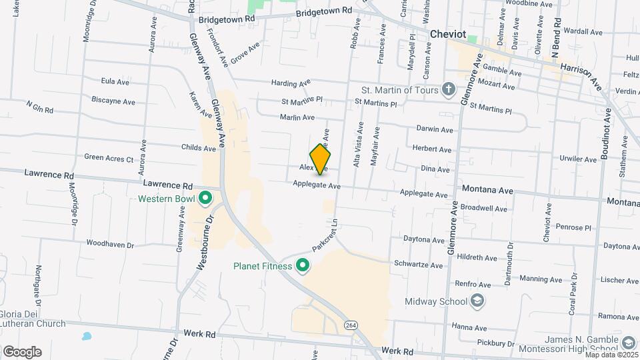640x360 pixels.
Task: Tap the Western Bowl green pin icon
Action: [x=205, y=198]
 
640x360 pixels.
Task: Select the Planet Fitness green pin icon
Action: [x=303, y=266]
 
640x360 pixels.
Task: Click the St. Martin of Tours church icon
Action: [x=449, y=89]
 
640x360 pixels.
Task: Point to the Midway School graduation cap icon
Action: [x=478, y=301]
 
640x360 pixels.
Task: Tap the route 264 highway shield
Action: [x=350, y=325]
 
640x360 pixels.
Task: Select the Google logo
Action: [x=22, y=352]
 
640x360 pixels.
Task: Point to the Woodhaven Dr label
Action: [x=111, y=245]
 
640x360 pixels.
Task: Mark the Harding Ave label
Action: [x=291, y=83]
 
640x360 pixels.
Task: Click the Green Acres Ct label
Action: [x=109, y=158]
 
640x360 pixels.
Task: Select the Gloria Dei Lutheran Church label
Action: [x=33, y=319]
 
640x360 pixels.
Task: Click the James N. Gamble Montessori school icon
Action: [x=627, y=343]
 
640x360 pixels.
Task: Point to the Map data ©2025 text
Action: [x=610, y=354]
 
